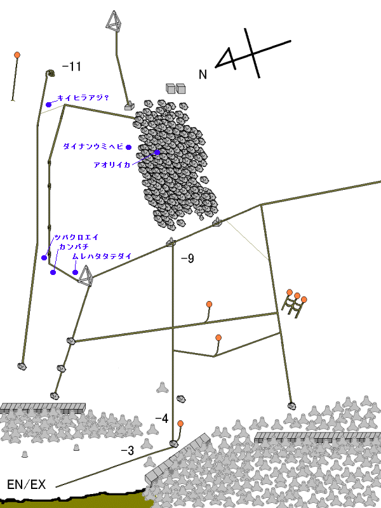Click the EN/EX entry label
click(x=26, y=485)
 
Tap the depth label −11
click(x=71, y=67)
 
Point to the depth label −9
click(x=187, y=258)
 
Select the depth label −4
click(x=162, y=418)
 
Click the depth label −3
click(x=128, y=450)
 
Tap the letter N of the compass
click(x=203, y=74)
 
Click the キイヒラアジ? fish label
click(x=83, y=98)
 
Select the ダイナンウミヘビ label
click(x=93, y=147)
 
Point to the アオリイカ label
click(x=112, y=165)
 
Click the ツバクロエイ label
click(x=76, y=237)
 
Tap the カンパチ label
click(x=74, y=247)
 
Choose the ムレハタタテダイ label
click(x=102, y=257)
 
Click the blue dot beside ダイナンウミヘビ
click(x=129, y=147)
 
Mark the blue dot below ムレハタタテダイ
click(x=75, y=272)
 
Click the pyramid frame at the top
click(x=114, y=22)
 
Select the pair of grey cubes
click(x=176, y=88)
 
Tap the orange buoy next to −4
click(x=180, y=424)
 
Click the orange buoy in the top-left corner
click(x=17, y=55)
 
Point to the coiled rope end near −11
click(x=50, y=74)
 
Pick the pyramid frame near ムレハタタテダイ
click(x=86, y=276)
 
